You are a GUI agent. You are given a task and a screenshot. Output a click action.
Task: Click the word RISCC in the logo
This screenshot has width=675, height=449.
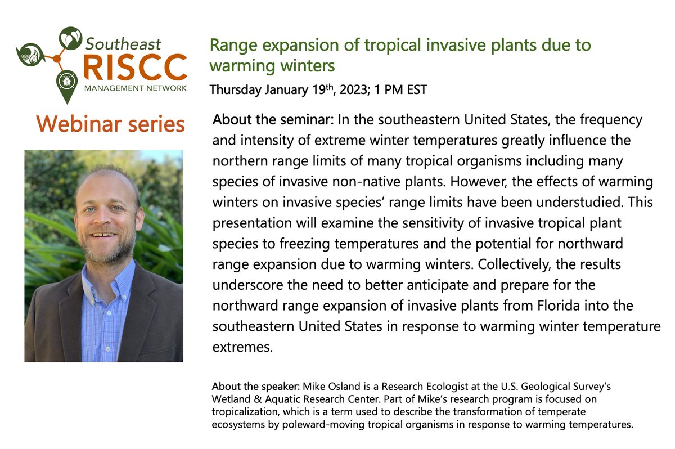tap(134, 67)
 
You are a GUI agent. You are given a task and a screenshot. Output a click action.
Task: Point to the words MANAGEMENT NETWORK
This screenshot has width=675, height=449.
tap(135, 88)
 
